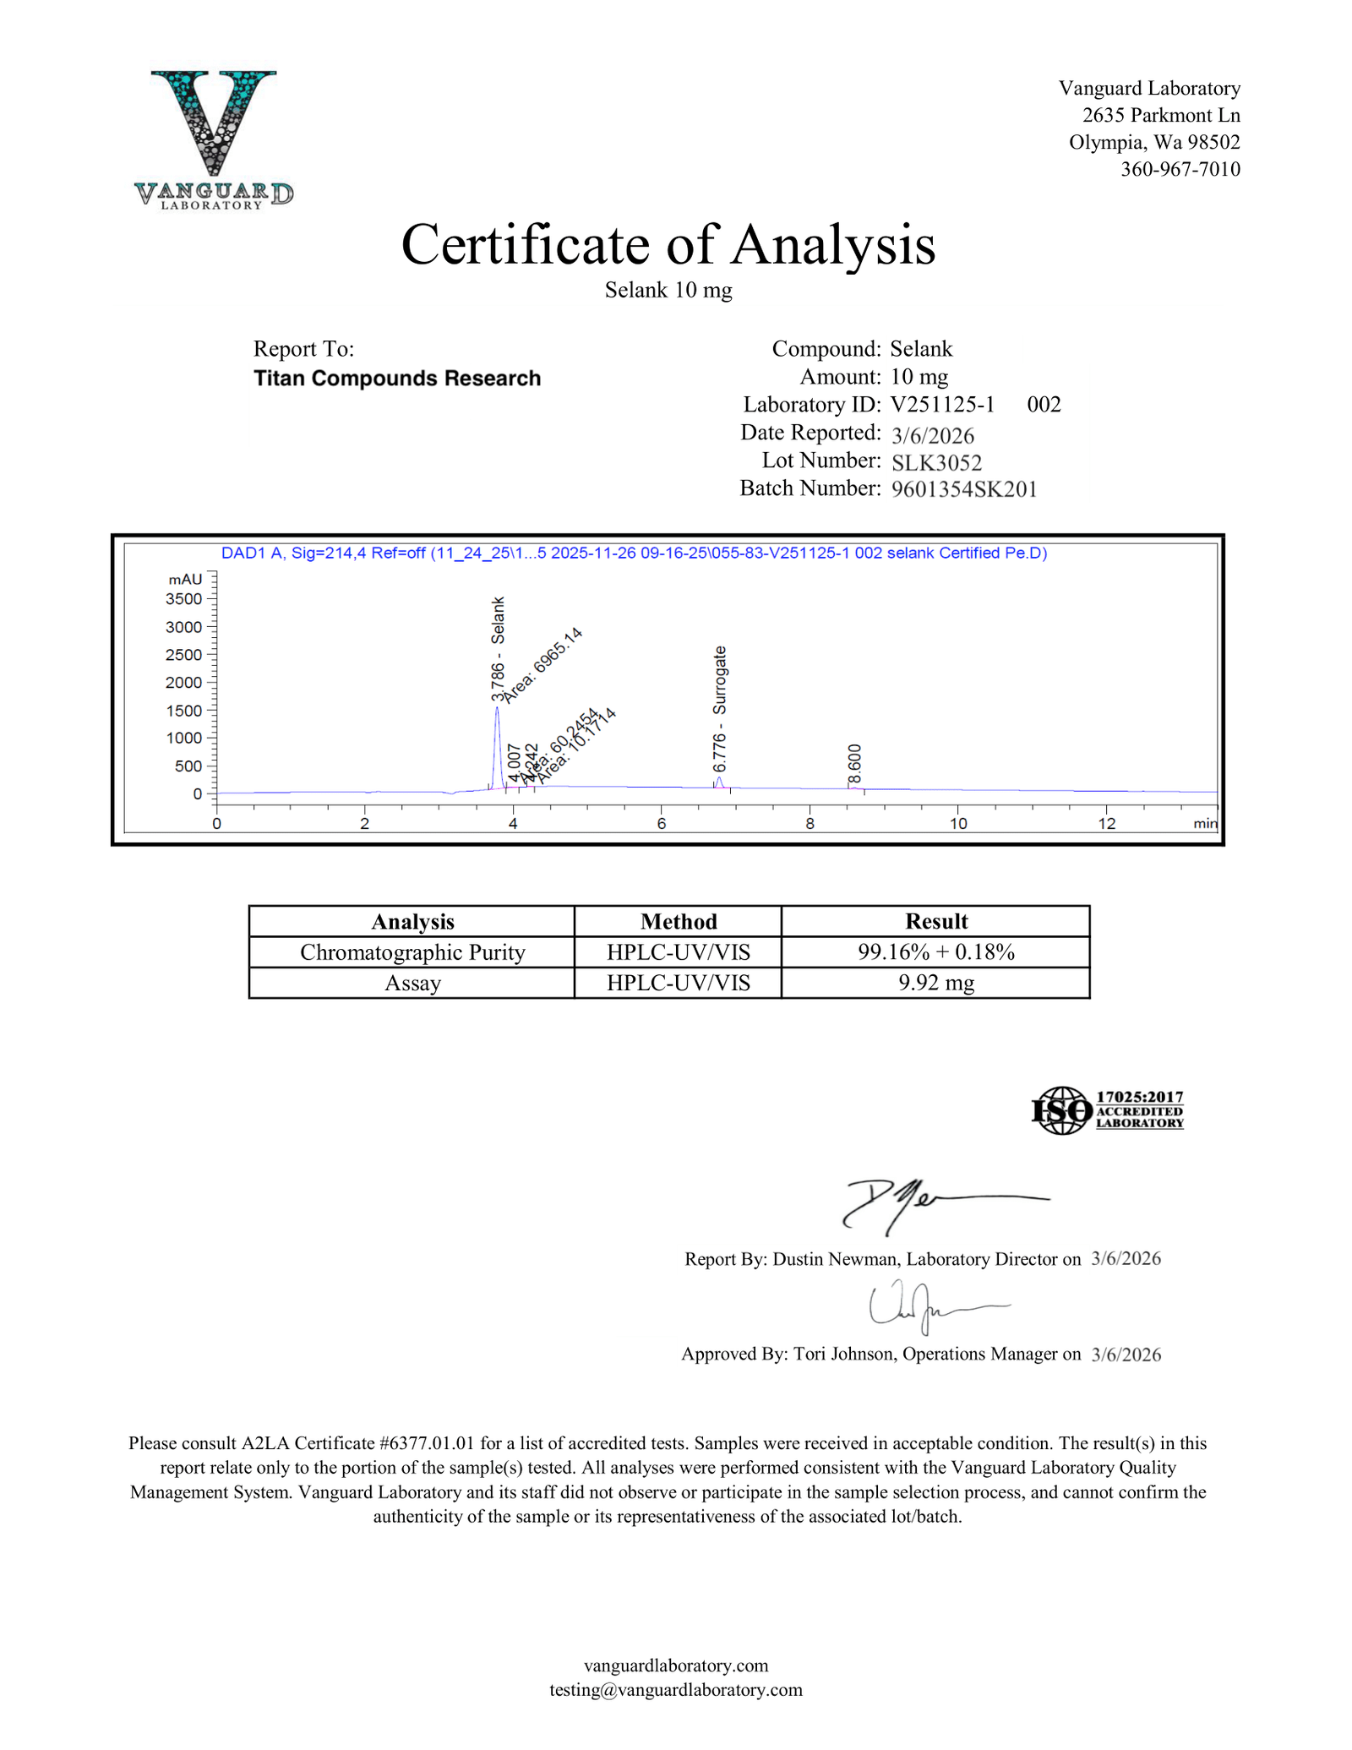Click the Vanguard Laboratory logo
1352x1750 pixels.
pyautogui.click(x=214, y=139)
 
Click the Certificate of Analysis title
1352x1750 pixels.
pyautogui.click(x=668, y=245)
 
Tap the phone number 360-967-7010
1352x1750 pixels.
pyautogui.click(x=1180, y=169)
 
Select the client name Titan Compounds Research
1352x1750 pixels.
pyautogui.click(x=397, y=379)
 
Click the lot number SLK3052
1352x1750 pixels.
pyautogui.click(x=936, y=462)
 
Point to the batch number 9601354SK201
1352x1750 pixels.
pyautogui.click(x=963, y=489)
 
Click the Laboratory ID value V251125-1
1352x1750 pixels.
pyautogui.click(x=942, y=405)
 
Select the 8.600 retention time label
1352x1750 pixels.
pyautogui.click(x=854, y=764)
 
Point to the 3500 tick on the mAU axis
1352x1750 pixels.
pyautogui.click(x=184, y=599)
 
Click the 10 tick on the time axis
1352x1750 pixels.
pyautogui.click(x=958, y=824)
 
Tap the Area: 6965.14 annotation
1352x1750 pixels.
pyautogui.click(x=542, y=665)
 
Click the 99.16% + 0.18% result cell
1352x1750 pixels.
pyautogui.click(x=935, y=952)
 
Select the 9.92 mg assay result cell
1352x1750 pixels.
pyautogui.click(x=935, y=984)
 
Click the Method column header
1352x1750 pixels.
pyautogui.click(x=678, y=921)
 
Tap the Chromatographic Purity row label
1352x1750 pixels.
pyautogui.click(x=412, y=952)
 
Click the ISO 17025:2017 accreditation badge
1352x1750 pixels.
pyautogui.click(x=1107, y=1110)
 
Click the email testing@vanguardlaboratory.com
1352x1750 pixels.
pyautogui.click(x=675, y=1689)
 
